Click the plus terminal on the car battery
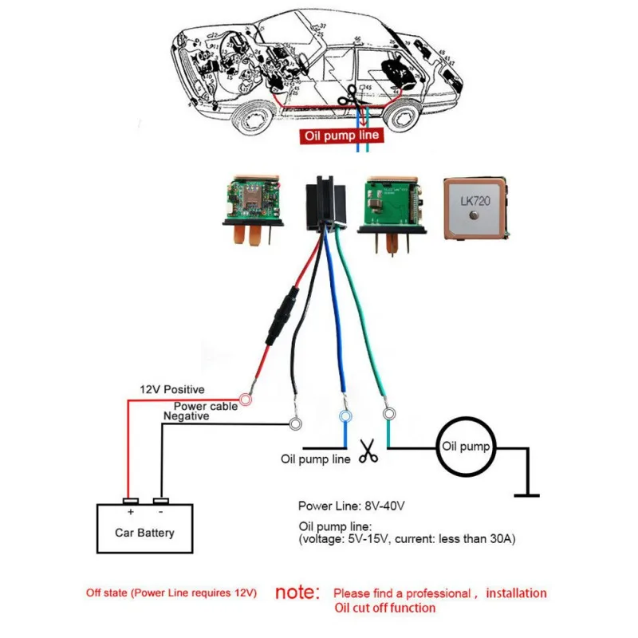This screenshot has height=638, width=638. tap(129, 502)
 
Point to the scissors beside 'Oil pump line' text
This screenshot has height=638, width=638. tap(368, 452)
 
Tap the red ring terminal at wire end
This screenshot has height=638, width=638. tap(246, 397)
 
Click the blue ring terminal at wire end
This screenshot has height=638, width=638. tap(345, 416)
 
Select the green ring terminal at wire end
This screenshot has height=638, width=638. tap(389, 414)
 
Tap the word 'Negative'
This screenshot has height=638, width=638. tap(186, 416)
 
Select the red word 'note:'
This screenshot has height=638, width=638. tap(297, 593)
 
